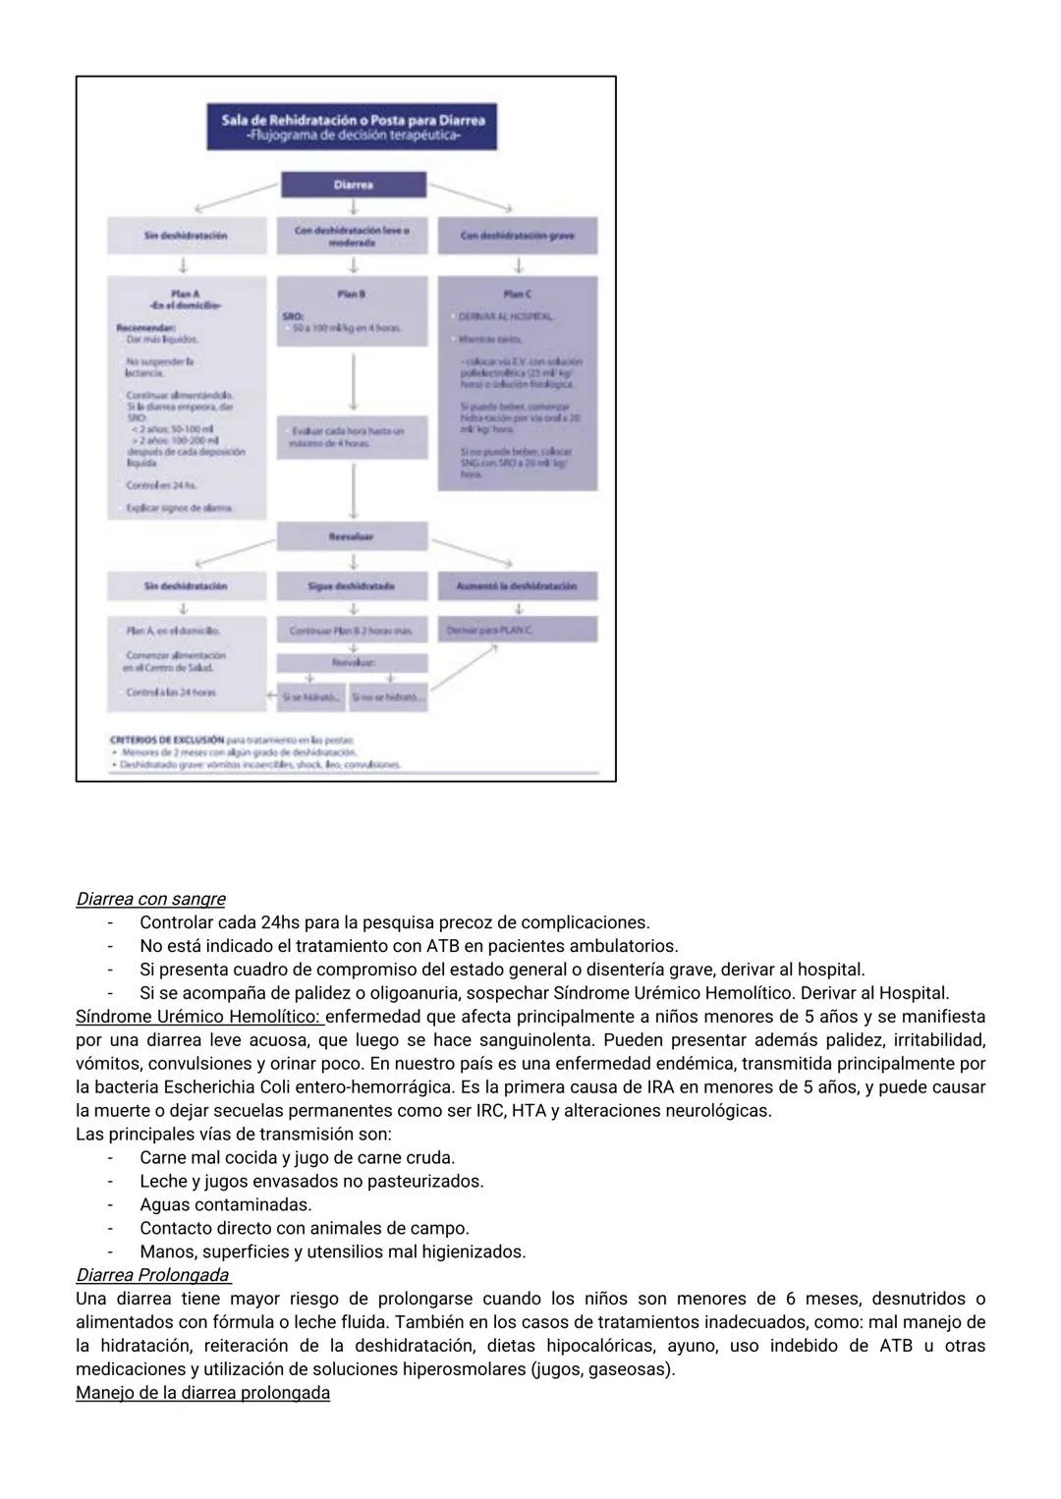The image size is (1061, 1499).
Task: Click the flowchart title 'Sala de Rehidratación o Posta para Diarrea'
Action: coord(353,120)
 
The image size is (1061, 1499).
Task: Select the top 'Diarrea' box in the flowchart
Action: coord(353,185)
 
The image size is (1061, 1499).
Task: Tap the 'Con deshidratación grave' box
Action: coord(517,236)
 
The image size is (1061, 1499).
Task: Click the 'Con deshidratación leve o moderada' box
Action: coord(353,236)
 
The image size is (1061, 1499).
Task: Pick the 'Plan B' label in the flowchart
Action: coord(352,294)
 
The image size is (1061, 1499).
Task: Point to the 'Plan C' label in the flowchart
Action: coord(517,294)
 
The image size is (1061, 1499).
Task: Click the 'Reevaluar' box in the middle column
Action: coord(352,536)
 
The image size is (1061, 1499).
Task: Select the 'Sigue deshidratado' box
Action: coord(352,585)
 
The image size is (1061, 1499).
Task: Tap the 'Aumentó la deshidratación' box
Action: coord(517,585)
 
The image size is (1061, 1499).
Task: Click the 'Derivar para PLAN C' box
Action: coord(517,630)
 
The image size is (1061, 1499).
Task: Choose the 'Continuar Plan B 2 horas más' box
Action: coord(352,630)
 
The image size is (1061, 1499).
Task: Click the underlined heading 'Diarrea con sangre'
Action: coord(150,899)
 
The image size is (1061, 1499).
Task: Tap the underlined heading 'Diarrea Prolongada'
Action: coord(153,1275)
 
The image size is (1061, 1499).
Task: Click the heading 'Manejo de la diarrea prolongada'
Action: coord(202,1393)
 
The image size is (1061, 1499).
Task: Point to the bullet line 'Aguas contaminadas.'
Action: coord(225,1204)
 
